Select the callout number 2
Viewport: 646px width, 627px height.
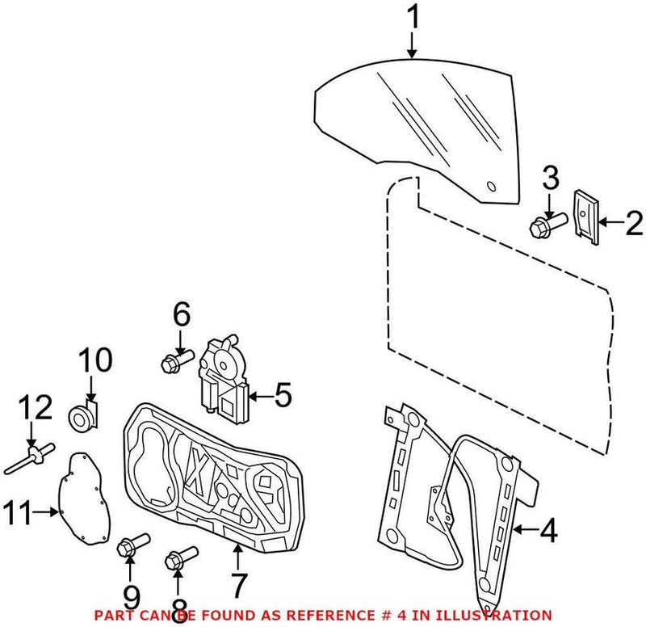(631, 221)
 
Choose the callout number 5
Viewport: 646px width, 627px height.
(282, 396)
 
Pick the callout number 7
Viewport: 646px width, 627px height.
(238, 583)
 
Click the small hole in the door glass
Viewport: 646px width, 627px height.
(489, 187)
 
